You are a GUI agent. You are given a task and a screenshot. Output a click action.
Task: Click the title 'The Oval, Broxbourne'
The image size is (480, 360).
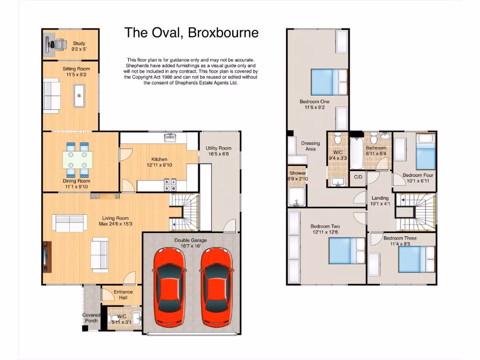(191, 33)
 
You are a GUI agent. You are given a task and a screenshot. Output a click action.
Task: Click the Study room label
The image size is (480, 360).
(79, 43)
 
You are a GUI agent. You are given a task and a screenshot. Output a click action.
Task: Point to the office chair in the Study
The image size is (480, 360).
(60, 44)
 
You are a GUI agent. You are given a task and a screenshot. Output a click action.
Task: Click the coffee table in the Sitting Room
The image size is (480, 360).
(79, 96)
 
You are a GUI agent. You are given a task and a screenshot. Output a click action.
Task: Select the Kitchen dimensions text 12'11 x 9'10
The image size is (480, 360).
(159, 165)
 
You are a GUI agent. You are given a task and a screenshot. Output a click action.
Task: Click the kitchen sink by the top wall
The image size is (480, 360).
(170, 137)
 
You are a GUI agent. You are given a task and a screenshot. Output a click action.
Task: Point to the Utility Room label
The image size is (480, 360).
(218, 148)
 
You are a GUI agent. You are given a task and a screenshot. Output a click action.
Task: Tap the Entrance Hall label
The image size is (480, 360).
(123, 294)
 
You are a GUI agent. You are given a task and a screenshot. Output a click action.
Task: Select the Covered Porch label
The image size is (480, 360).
(91, 318)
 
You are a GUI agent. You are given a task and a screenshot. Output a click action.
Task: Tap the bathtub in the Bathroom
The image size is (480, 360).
(356, 153)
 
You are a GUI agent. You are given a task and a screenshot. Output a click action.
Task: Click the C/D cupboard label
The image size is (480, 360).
(358, 177)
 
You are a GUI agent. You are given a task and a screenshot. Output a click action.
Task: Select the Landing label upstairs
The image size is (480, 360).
(380, 198)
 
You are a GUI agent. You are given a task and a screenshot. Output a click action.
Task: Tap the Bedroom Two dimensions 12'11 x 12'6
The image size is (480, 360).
(326, 232)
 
